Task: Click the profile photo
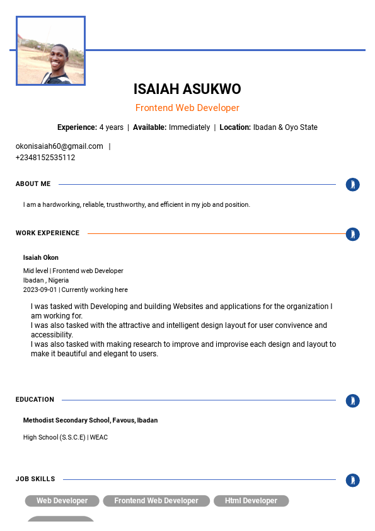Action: (x=50, y=51)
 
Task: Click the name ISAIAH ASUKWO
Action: (x=187, y=89)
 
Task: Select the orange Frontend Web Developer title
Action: (x=187, y=108)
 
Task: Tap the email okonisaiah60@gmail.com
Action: (x=59, y=146)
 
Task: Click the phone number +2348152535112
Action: (x=45, y=158)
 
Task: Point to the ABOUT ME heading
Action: (x=33, y=184)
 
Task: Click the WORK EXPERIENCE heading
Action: (x=48, y=233)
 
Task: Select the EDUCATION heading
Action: (x=35, y=399)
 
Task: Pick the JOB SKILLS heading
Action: (x=35, y=479)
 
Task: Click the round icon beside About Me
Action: (x=353, y=185)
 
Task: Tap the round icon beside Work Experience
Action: (x=353, y=234)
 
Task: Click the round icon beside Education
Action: (x=353, y=400)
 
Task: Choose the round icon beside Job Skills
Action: (x=353, y=481)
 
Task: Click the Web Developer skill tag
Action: (x=62, y=501)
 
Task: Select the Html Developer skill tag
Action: (x=251, y=501)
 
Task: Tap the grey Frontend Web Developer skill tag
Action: (x=156, y=501)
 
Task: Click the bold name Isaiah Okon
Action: (x=41, y=257)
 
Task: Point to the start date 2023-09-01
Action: (x=40, y=290)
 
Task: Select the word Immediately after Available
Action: (x=189, y=127)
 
